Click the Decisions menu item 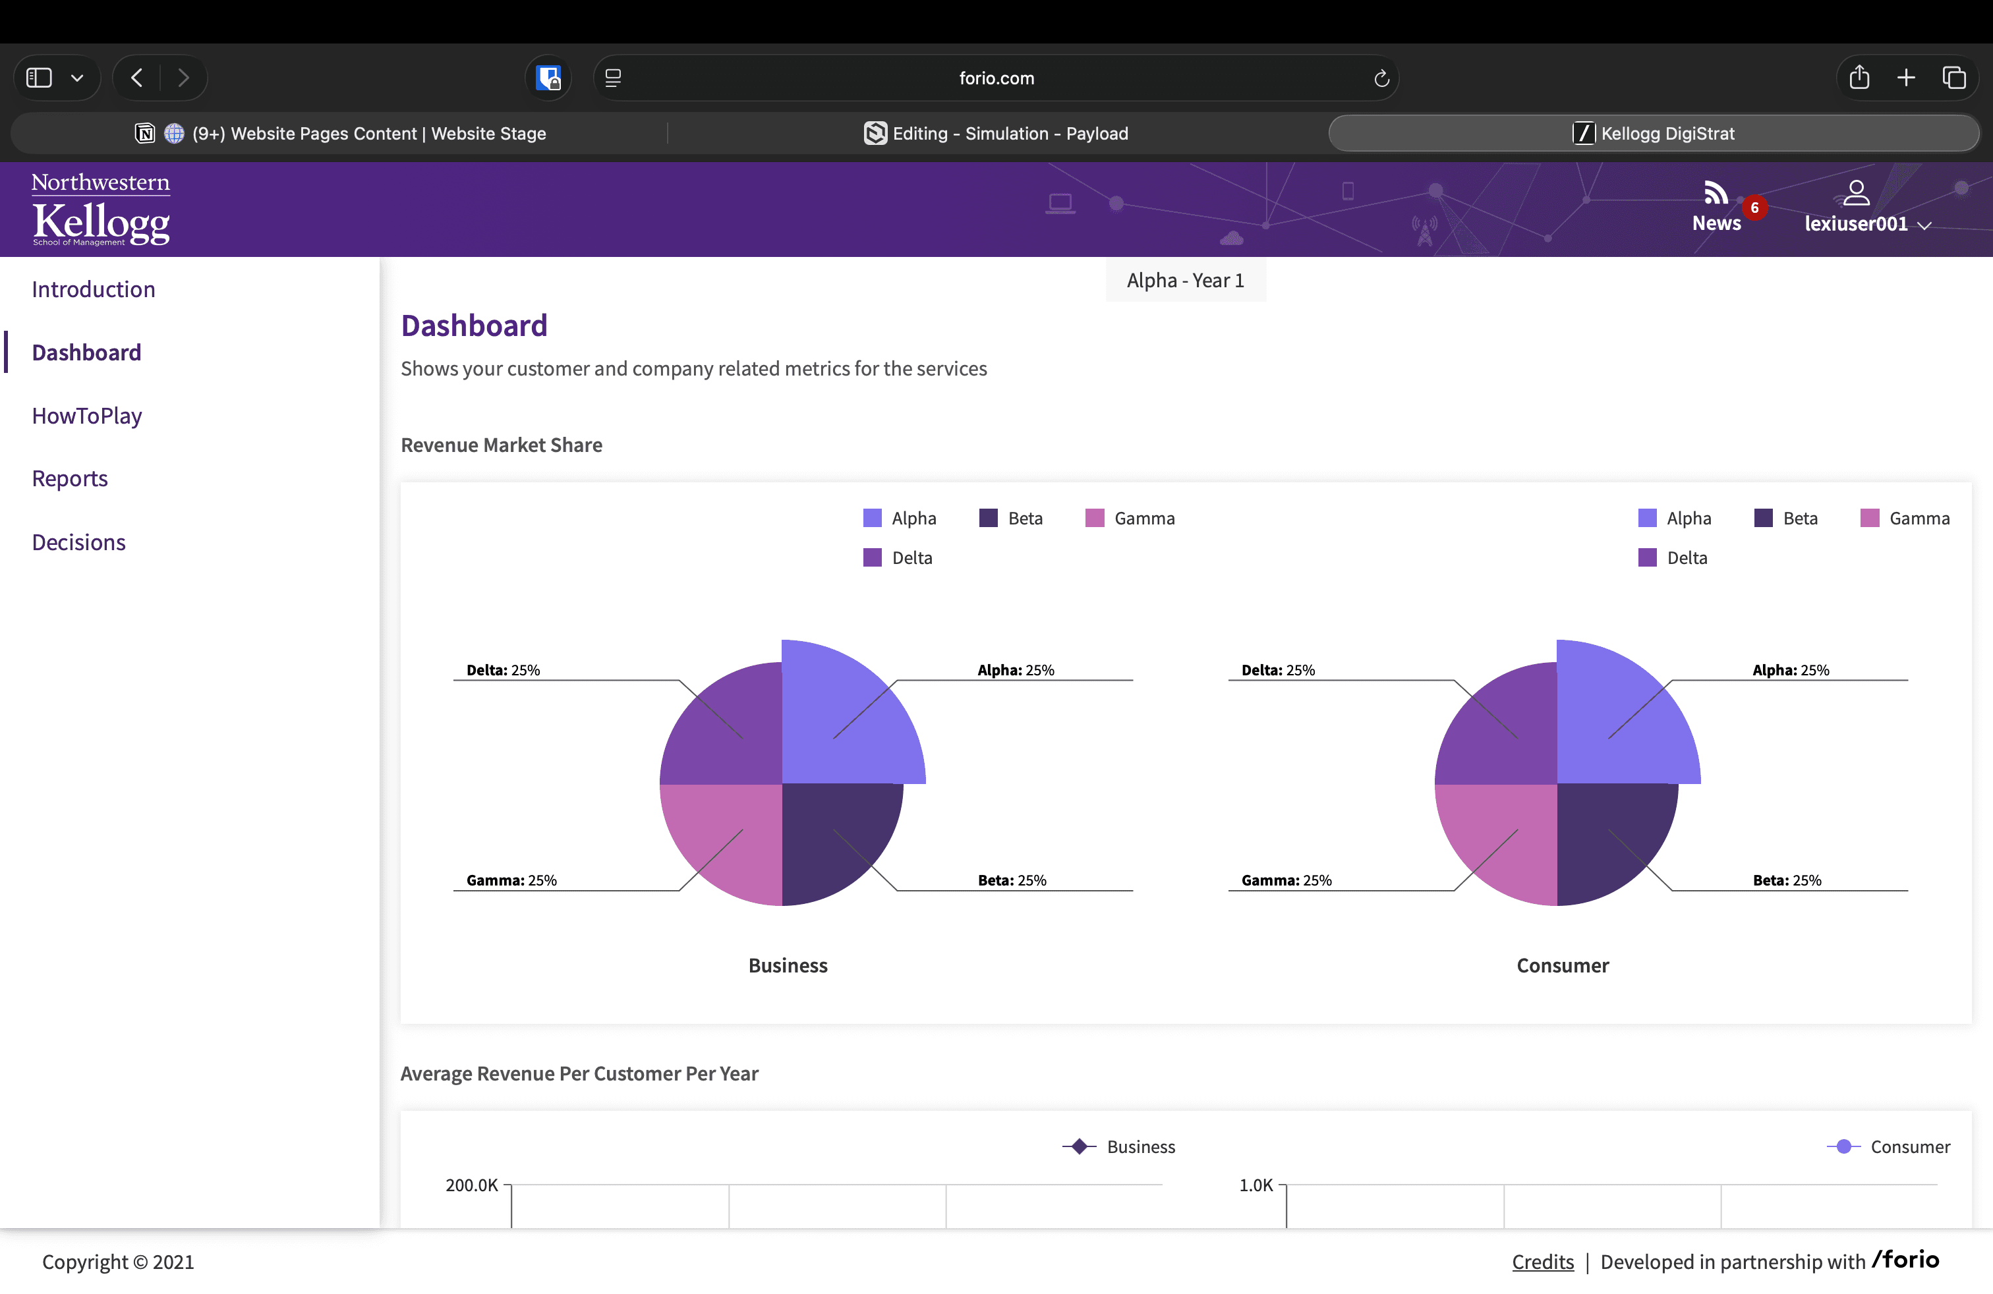[78, 542]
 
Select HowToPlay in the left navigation [87, 416]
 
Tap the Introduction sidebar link [93, 290]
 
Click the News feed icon [1715, 193]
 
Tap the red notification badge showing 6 [1754, 208]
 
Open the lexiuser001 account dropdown [1866, 223]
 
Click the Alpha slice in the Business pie [846, 720]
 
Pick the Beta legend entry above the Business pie [1011, 518]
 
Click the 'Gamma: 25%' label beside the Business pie [511, 880]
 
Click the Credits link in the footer [1542, 1262]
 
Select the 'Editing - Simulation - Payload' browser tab [996, 134]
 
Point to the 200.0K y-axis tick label [471, 1185]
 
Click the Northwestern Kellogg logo [100, 210]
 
